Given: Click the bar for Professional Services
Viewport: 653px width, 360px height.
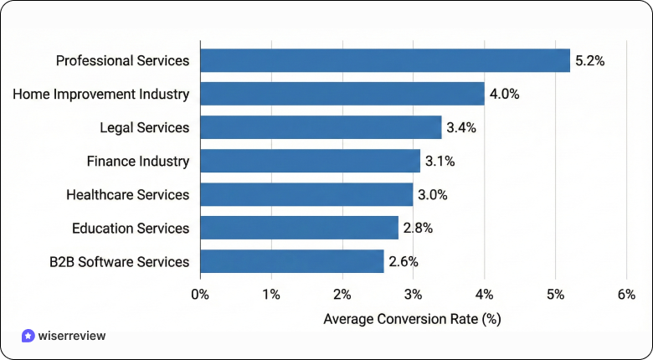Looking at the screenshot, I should pos(385,60).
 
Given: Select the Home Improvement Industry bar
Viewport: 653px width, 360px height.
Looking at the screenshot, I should pos(342,94).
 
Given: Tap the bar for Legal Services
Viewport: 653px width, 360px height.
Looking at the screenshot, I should pos(321,127).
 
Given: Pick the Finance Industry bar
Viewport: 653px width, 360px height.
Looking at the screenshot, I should pos(310,161).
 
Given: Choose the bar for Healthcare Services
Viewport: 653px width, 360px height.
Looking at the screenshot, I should pos(306,194).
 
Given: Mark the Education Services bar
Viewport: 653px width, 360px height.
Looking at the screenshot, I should pos(300,228).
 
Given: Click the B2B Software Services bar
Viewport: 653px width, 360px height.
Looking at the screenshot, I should pos(292,261).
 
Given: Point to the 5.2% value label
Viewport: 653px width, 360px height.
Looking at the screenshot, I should pos(589,60).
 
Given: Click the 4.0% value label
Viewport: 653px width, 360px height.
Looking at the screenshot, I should pos(504,94).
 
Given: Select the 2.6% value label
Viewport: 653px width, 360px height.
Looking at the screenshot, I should pos(404,261).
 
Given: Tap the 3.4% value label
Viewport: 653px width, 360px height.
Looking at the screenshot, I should pos(461,127).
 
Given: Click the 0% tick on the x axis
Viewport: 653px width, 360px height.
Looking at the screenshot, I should pos(200,294).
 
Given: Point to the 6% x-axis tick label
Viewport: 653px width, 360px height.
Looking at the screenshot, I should pos(626,294).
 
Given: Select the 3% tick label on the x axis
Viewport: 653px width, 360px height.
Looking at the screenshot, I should pos(414,294).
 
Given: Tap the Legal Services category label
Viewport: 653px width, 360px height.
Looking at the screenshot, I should pos(144,127).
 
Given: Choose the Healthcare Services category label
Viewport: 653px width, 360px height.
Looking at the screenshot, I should pos(127,194).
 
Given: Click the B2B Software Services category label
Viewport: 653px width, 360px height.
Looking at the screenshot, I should pos(120,261).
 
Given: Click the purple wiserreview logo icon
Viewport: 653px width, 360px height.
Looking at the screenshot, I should pos(28,336).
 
